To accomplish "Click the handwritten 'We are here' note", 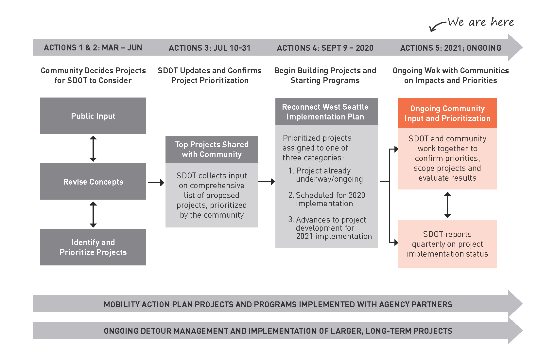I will click(x=481, y=22).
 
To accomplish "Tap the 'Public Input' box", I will click(x=93, y=116).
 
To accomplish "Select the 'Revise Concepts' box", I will click(x=93, y=182).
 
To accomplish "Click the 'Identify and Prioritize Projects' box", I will click(x=93, y=247).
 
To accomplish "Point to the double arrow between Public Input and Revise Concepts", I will click(x=93, y=149).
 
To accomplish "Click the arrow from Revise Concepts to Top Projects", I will click(x=156, y=182).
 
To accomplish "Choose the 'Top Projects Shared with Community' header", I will click(x=212, y=149).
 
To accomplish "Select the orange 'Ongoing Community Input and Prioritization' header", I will click(x=447, y=113).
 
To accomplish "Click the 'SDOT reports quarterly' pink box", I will click(x=447, y=244).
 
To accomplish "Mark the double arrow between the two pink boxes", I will click(x=447, y=205).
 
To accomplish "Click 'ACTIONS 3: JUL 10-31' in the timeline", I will click(x=210, y=48).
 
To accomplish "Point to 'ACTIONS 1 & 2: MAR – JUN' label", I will click(x=93, y=48).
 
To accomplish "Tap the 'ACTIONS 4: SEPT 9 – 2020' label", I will click(x=325, y=48).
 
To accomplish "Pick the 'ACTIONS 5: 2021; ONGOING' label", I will click(x=451, y=48).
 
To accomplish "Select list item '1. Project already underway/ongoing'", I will click(x=325, y=175).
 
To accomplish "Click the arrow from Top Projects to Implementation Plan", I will click(x=267, y=182).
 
